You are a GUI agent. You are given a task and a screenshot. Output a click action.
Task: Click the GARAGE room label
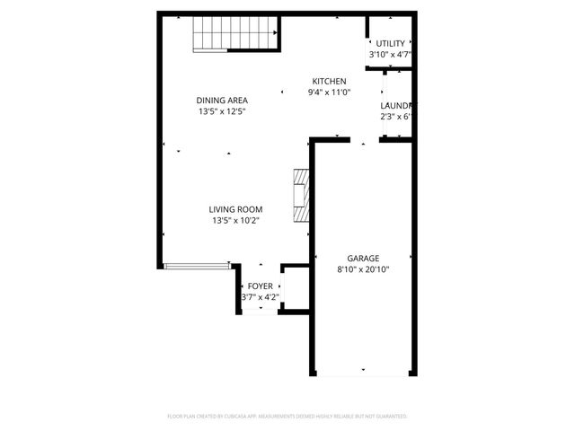pyautogui.click(x=363, y=257)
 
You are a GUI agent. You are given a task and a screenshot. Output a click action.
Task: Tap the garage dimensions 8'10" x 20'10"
pyautogui.click(x=363, y=268)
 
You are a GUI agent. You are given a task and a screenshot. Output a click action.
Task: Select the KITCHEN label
pyautogui.click(x=329, y=81)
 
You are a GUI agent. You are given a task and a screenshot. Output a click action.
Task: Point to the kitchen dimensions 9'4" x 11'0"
pyautogui.click(x=329, y=92)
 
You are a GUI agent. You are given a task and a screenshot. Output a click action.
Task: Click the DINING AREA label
pyautogui.click(x=223, y=100)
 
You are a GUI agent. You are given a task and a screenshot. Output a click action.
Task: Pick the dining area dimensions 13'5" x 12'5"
pyautogui.click(x=223, y=111)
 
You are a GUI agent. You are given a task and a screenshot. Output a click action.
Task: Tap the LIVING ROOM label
pyautogui.click(x=236, y=209)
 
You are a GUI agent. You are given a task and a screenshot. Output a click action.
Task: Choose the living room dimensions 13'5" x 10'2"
pyautogui.click(x=236, y=221)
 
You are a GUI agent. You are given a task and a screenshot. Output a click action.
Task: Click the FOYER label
pyautogui.click(x=261, y=286)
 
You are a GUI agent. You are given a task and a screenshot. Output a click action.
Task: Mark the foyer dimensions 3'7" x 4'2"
pyautogui.click(x=261, y=297)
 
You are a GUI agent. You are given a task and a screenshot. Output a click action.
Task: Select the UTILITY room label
pyautogui.click(x=390, y=43)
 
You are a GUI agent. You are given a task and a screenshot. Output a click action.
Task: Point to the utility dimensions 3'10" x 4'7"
pyautogui.click(x=390, y=55)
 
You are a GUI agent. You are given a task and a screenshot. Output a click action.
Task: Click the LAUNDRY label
pyautogui.click(x=397, y=104)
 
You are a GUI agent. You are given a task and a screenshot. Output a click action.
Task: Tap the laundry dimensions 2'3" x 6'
pyautogui.click(x=396, y=116)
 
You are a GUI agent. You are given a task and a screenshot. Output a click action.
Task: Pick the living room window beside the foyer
pyautogui.click(x=197, y=266)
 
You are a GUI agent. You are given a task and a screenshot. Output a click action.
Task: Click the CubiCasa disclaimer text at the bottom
pyautogui.click(x=287, y=417)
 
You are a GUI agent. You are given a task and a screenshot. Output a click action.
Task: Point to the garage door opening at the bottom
pyautogui.click(x=363, y=373)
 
